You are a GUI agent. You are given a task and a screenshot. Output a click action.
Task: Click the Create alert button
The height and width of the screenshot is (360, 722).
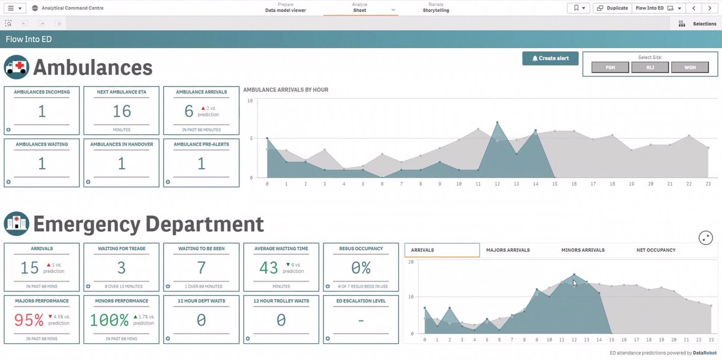click(550, 58)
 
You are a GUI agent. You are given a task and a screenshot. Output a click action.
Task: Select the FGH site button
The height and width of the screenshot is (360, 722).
click(609, 68)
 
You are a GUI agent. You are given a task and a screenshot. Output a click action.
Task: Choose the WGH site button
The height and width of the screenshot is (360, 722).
click(690, 68)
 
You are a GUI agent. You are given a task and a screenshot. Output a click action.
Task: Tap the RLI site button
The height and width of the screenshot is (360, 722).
click(650, 68)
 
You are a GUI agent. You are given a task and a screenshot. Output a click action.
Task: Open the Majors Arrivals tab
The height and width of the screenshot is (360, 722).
click(508, 250)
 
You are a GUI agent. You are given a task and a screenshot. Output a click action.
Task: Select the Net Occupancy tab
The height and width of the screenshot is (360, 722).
click(656, 250)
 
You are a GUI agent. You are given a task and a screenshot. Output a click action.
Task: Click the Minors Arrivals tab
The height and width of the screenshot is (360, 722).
click(582, 250)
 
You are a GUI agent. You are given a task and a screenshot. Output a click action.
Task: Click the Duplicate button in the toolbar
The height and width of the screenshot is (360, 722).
click(612, 8)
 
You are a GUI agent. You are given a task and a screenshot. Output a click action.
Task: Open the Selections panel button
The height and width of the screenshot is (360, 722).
click(697, 23)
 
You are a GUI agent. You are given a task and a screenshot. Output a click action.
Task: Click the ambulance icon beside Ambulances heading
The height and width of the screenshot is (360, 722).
click(16, 67)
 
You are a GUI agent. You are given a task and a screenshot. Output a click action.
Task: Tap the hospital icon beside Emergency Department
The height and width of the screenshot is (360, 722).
click(16, 224)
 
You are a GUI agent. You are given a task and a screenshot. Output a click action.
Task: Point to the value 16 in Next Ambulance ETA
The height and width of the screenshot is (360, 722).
click(122, 111)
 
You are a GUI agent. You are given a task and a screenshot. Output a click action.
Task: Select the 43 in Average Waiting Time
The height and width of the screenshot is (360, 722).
click(269, 268)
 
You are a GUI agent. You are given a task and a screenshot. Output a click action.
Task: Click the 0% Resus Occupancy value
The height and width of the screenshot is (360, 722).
click(361, 268)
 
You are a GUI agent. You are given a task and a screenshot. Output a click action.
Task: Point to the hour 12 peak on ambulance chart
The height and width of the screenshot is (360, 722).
click(497, 122)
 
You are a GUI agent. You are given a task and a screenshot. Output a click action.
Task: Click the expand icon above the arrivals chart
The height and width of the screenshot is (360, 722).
click(706, 238)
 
